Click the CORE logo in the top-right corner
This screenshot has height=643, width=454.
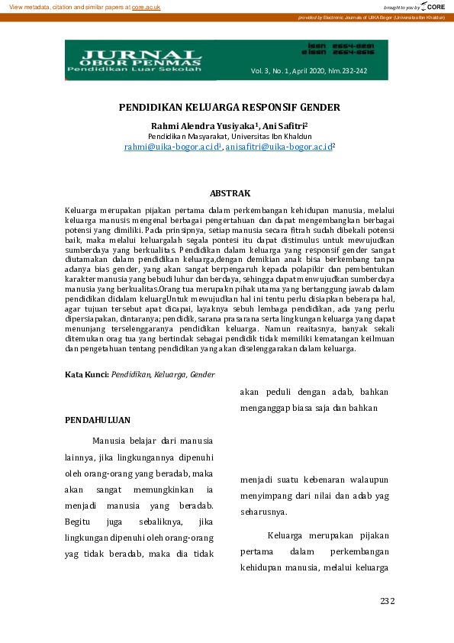432,6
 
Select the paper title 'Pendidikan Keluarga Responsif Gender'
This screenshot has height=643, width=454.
229,108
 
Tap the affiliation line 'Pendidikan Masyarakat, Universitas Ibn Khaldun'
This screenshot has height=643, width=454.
229,135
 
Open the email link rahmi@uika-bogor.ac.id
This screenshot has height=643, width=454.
172,146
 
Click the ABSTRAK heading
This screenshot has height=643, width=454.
230,194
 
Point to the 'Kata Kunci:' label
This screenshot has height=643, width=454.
87,375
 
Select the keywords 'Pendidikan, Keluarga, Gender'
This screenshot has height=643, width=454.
163,375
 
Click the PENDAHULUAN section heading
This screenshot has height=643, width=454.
97,420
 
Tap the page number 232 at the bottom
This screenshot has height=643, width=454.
387,601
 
